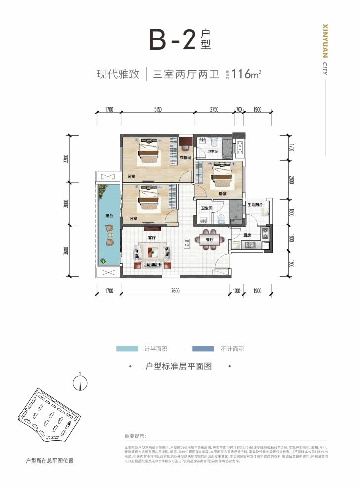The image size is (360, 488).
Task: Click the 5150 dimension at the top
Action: tap(158, 109)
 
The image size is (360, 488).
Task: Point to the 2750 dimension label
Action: tap(214, 109)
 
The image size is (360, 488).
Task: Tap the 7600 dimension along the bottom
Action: tap(175, 291)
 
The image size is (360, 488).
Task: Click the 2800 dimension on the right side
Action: tap(292, 180)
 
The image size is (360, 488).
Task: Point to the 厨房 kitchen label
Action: tap(248, 236)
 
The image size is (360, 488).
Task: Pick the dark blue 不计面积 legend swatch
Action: tap(203, 349)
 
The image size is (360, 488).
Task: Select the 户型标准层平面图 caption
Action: tap(179, 367)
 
